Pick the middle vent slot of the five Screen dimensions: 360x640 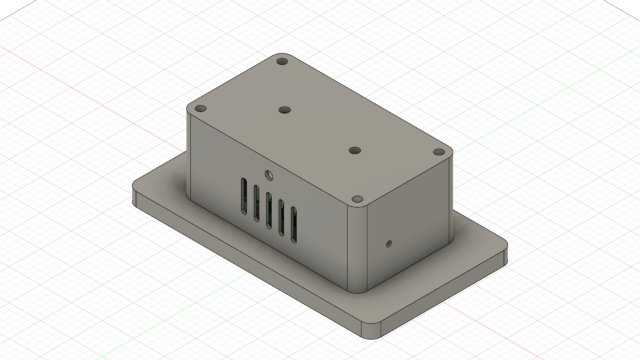pyautogui.click(x=269, y=208)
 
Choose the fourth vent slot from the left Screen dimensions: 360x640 pyautogui.click(x=281, y=216)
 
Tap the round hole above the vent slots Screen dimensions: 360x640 pyautogui.click(x=269, y=176)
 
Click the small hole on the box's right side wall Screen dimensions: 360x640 pyautogui.click(x=389, y=243)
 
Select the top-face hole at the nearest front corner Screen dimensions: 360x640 pyautogui.click(x=357, y=200)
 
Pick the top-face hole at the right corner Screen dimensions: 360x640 pyautogui.click(x=439, y=152)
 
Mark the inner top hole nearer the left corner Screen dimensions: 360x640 pyautogui.click(x=285, y=110)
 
